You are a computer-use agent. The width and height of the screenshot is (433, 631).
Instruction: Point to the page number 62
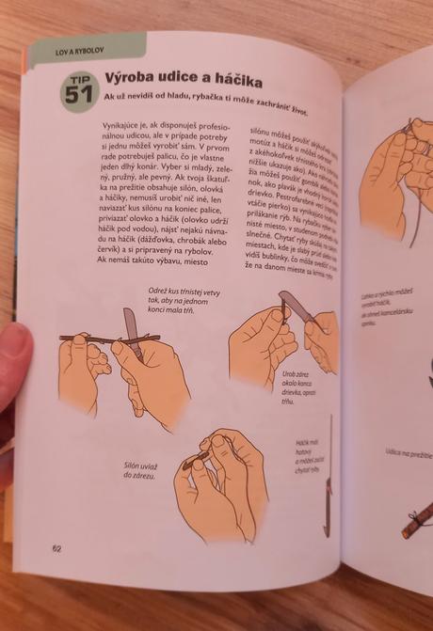coord(57,549)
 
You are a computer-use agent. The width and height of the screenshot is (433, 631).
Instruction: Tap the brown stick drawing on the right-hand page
coord(414,523)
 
